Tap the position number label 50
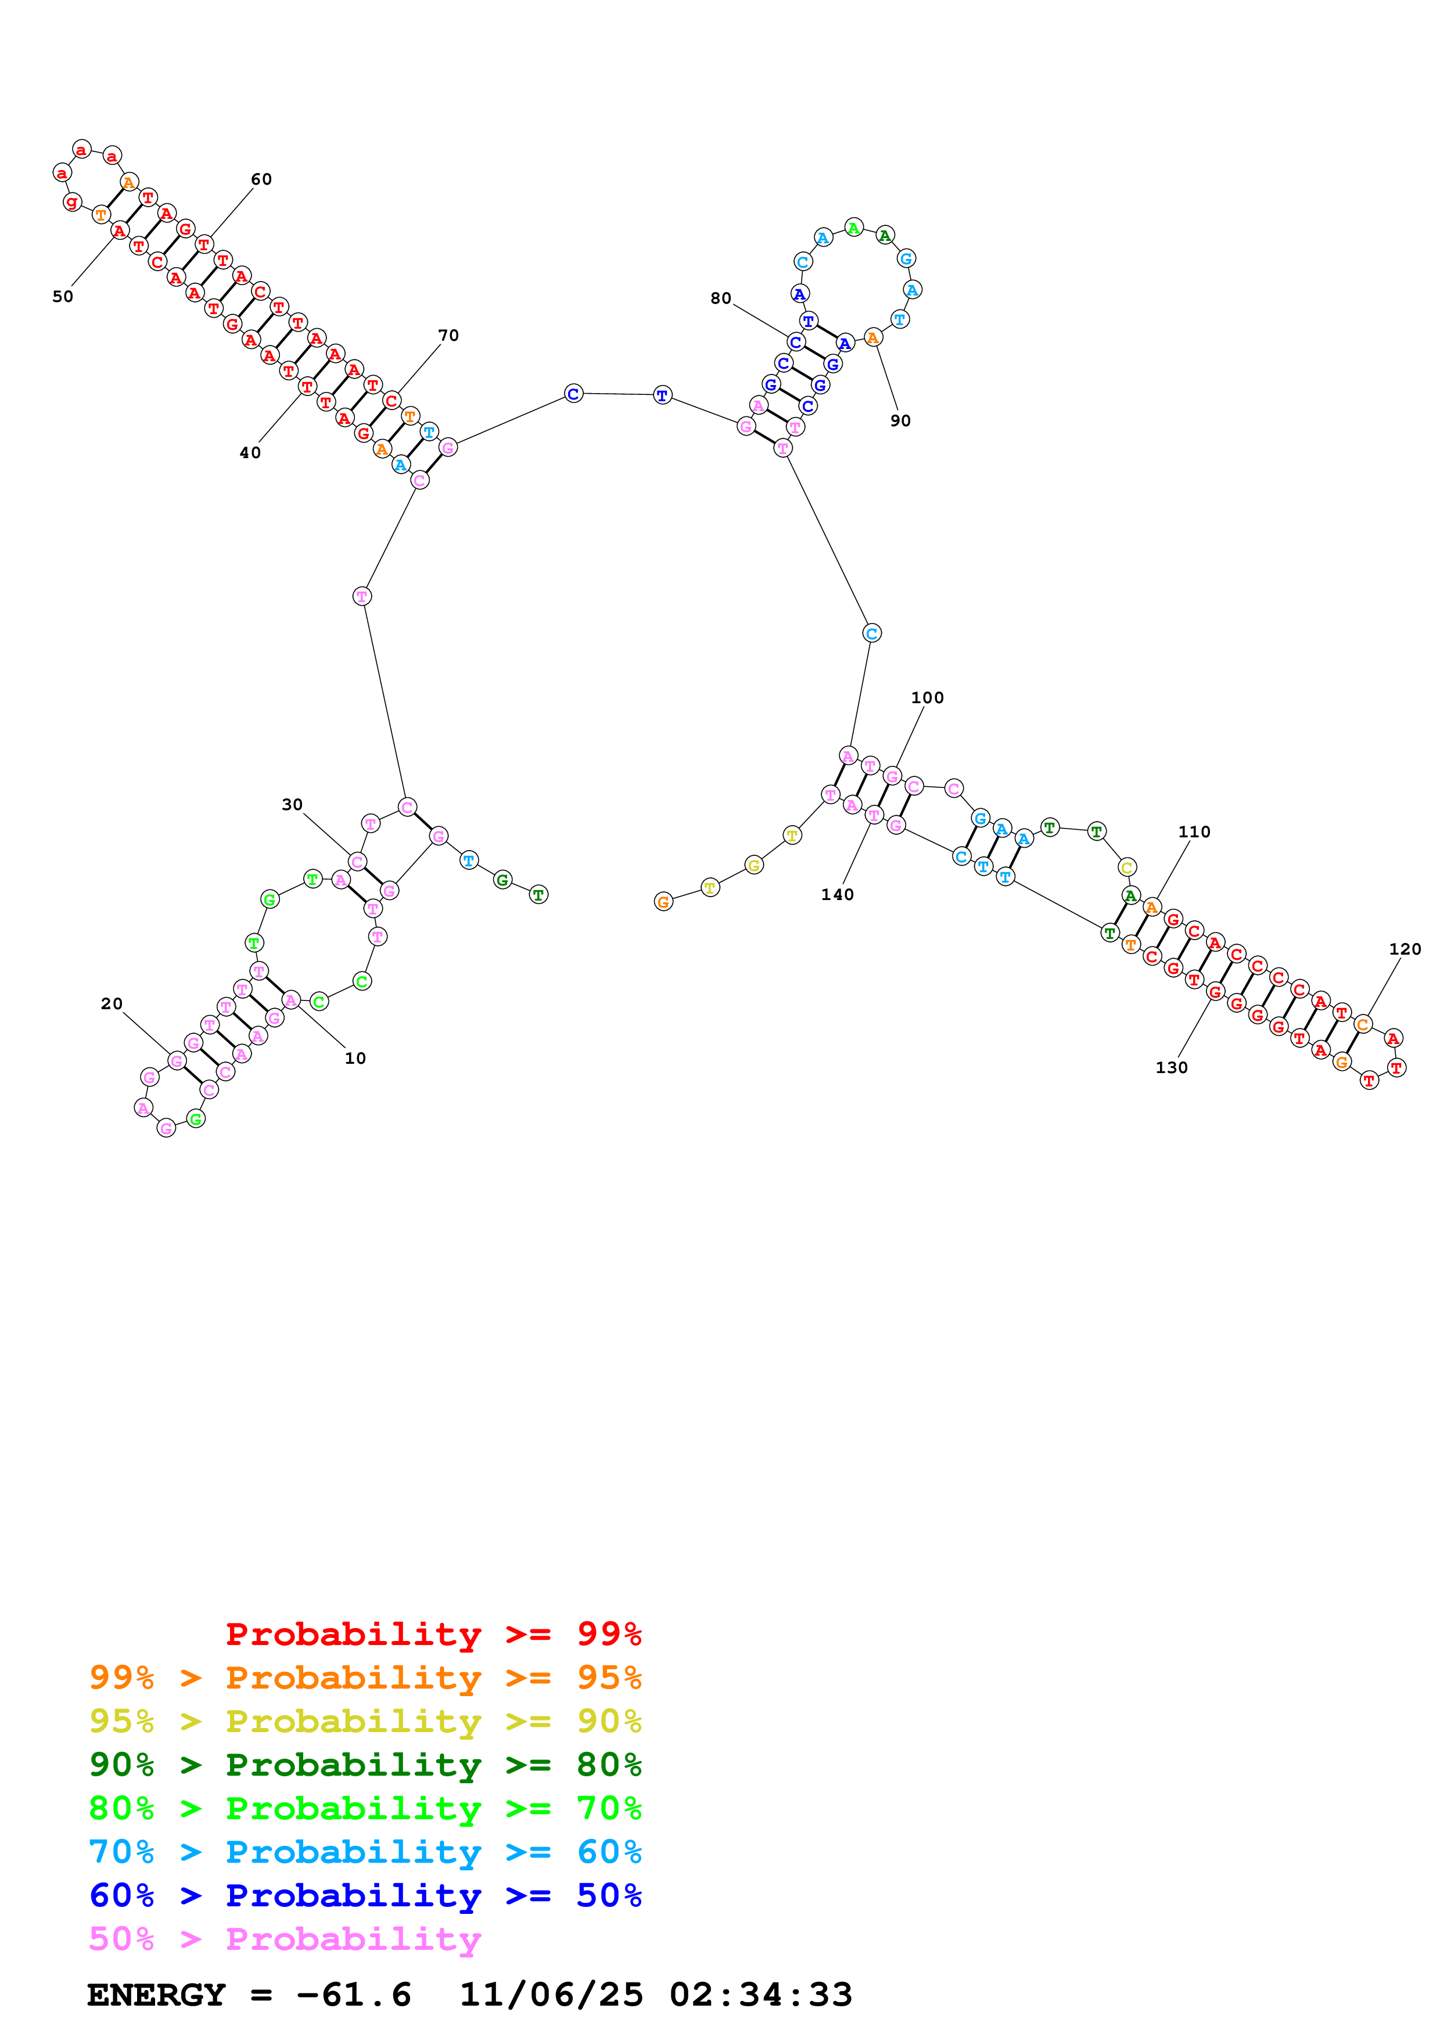(x=63, y=296)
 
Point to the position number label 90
(x=900, y=420)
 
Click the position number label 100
(x=927, y=697)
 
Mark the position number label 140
(x=836, y=894)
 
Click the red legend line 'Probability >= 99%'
(x=433, y=1633)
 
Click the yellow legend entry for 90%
(x=365, y=1721)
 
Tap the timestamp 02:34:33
(x=760, y=1995)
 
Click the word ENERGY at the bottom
(x=156, y=1995)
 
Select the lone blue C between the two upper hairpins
(x=573, y=393)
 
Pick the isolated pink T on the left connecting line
(x=361, y=596)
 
